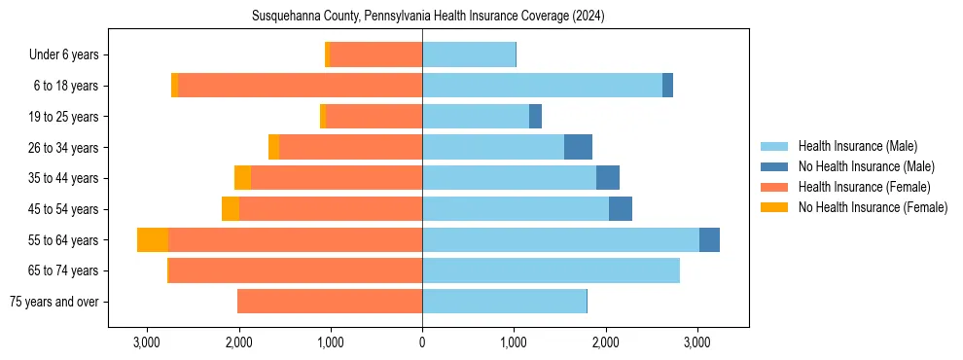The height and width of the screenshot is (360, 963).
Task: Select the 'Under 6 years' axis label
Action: coord(69,55)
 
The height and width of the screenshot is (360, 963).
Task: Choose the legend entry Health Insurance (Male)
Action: coord(857,146)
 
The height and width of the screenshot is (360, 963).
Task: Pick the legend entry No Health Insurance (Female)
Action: coord(873,207)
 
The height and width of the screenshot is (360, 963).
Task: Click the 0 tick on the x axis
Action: coord(422,342)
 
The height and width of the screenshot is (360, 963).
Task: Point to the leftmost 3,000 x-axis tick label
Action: coord(147,342)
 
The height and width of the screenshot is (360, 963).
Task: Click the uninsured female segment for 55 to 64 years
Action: coord(153,240)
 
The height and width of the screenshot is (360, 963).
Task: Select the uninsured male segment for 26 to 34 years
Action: coord(578,148)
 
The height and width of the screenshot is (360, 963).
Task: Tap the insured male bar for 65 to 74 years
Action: coord(551,270)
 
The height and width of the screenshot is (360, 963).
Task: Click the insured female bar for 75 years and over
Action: coord(330,302)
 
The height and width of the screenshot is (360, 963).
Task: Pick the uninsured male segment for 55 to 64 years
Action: coord(709,240)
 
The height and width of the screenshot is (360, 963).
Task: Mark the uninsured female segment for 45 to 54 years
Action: coord(231,209)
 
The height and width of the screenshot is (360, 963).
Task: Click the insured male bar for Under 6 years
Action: coord(469,55)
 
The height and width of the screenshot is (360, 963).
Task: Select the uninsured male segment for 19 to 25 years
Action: coord(535,117)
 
